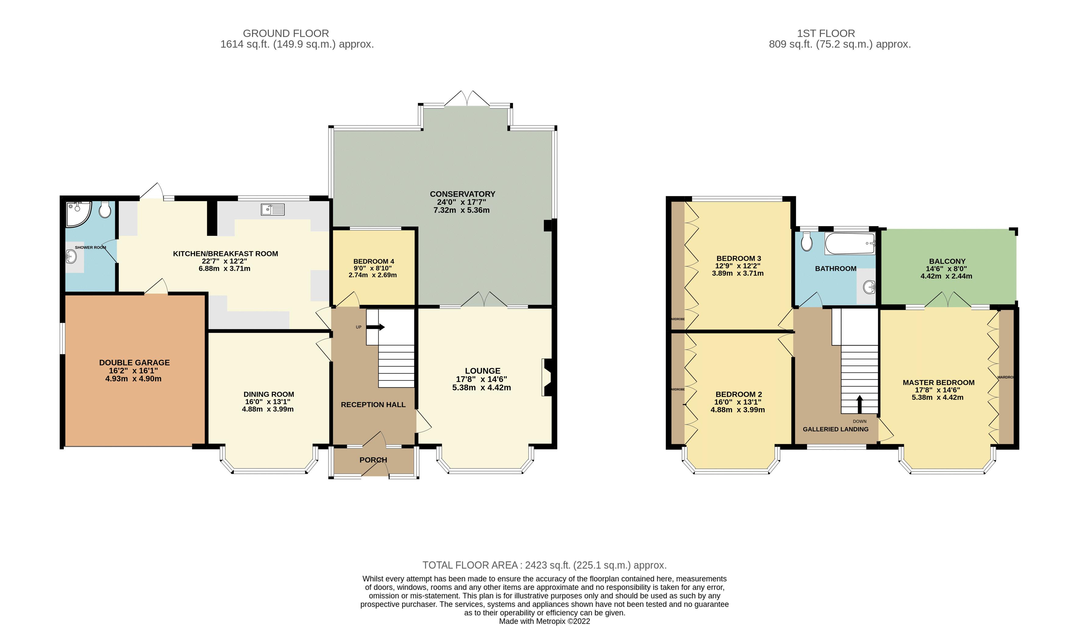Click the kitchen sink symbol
(272, 209)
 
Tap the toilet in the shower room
(105, 210)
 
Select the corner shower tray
(78, 213)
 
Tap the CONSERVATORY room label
(462, 194)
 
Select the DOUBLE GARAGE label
(134, 363)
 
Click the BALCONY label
(947, 261)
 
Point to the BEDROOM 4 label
(373, 261)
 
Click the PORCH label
(373, 460)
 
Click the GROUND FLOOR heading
(286, 34)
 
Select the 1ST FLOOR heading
(825, 34)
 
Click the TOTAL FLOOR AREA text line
(544, 565)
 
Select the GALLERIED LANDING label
(835, 429)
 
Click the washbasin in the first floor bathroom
(868, 286)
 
